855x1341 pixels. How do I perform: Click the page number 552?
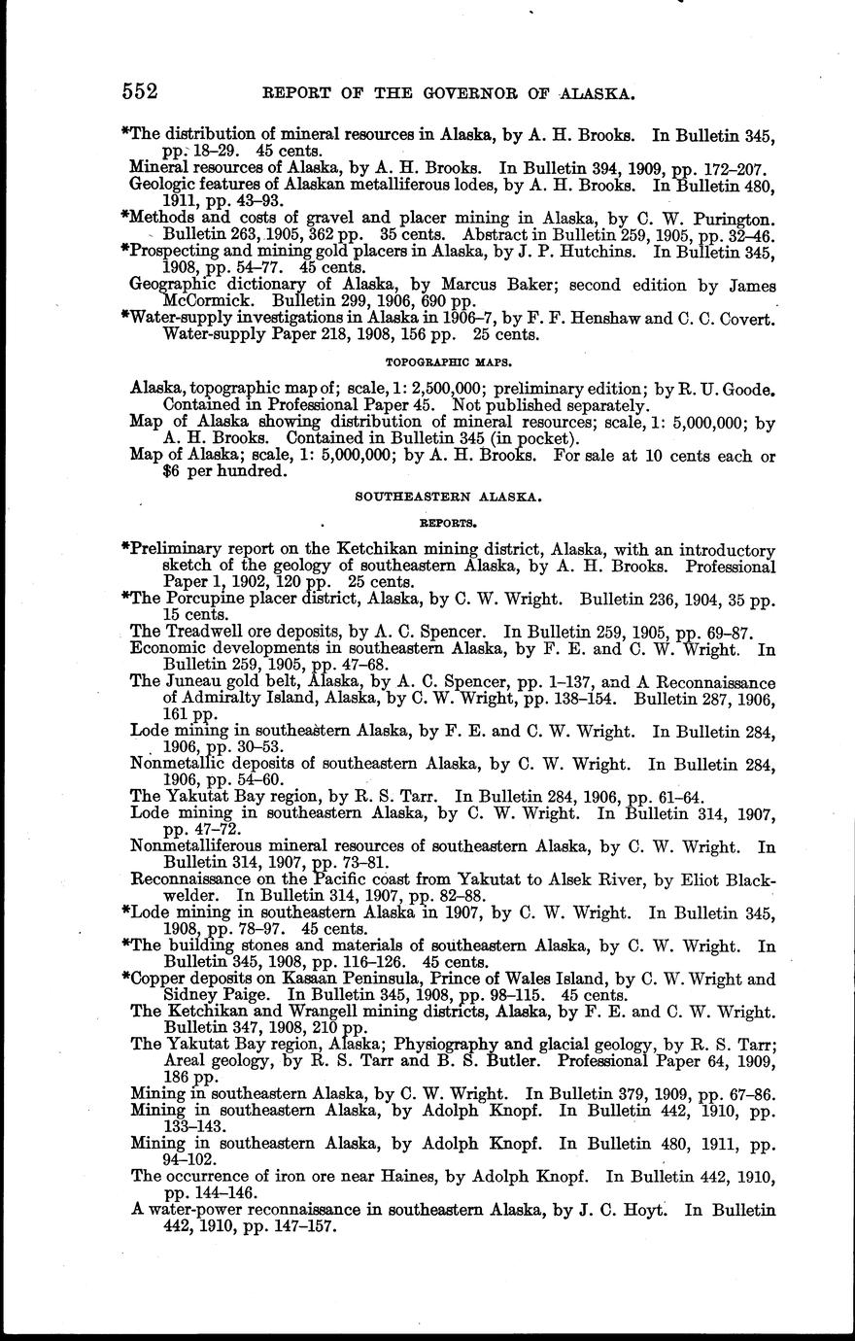[x=140, y=91]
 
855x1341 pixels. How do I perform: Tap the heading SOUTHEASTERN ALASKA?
[x=448, y=496]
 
